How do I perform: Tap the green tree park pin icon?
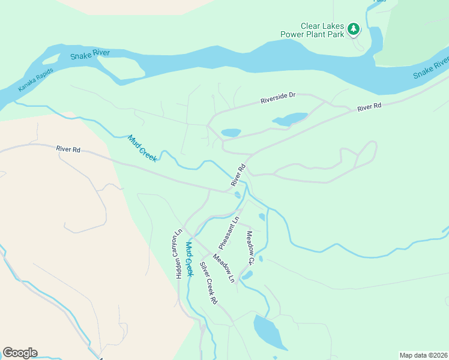point(354,29)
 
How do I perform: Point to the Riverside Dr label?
point(278,98)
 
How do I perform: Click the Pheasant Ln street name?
point(229,233)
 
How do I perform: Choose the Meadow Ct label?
point(250,248)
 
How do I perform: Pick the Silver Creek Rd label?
point(208,283)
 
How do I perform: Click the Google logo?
point(20,353)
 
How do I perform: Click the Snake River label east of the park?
point(430,68)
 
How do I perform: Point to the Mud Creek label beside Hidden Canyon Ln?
point(189,258)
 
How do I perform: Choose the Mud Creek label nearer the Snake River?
point(142,148)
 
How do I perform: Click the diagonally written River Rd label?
point(238,175)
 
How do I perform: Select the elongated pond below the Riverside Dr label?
point(291,119)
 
